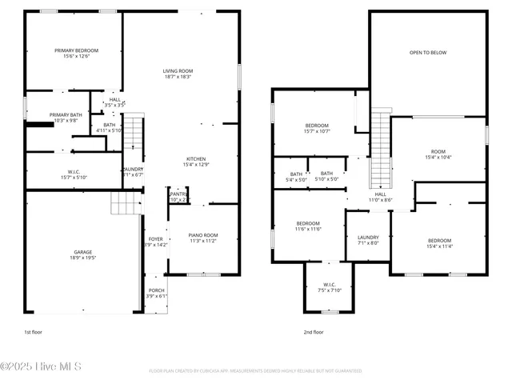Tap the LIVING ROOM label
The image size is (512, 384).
178,70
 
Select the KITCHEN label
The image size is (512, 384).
197,158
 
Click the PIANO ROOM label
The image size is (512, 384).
203,234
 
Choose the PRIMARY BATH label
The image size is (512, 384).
63,114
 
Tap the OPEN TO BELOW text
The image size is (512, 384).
428,53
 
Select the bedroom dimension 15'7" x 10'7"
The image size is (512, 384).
317,132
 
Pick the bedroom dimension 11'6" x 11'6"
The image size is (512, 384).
309,230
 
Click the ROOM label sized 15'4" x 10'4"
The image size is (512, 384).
438,151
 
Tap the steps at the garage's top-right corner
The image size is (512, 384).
125,203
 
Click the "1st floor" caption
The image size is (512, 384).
34,331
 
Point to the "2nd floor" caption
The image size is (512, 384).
313,331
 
